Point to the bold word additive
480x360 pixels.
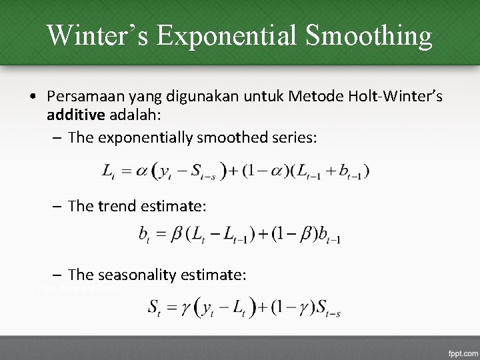click(x=75, y=115)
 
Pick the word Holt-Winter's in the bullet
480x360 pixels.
click(x=398, y=97)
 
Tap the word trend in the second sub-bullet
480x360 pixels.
click(x=117, y=207)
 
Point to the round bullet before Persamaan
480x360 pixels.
click(x=33, y=98)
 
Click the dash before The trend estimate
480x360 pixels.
click(x=58, y=207)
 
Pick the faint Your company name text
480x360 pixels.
click(x=79, y=289)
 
